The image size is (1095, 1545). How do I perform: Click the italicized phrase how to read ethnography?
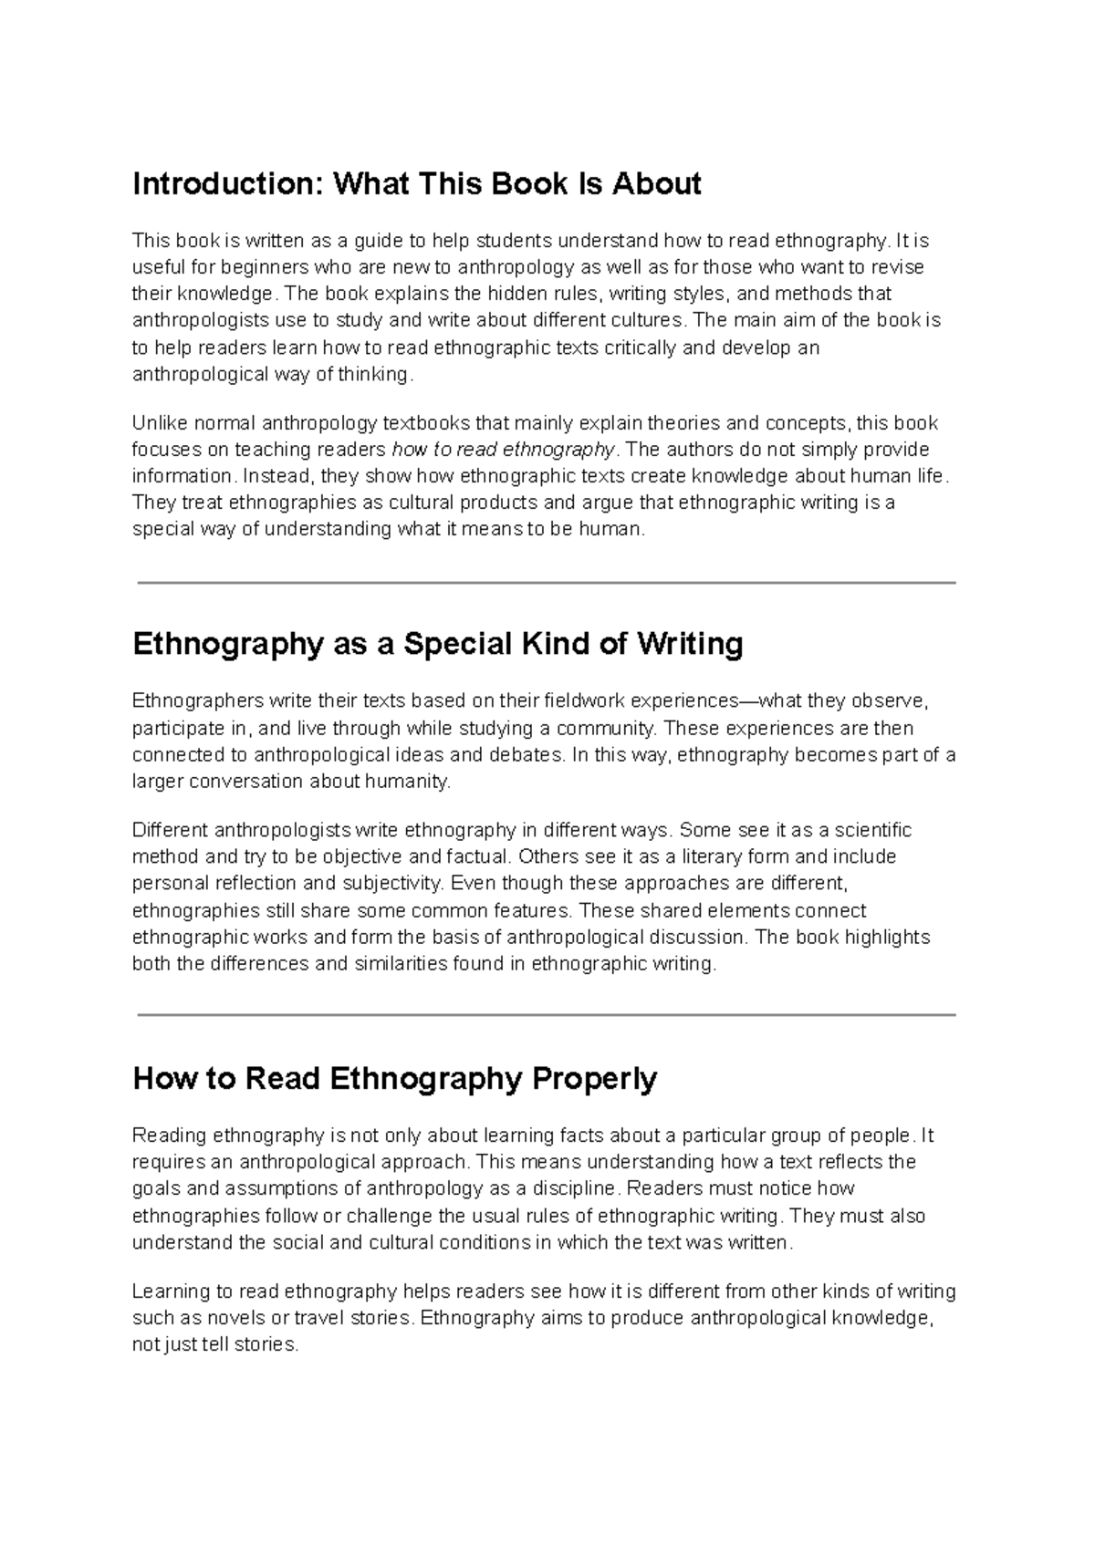point(504,450)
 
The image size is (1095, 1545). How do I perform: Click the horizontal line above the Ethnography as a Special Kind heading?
point(546,582)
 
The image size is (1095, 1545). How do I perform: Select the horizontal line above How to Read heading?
point(546,1014)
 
